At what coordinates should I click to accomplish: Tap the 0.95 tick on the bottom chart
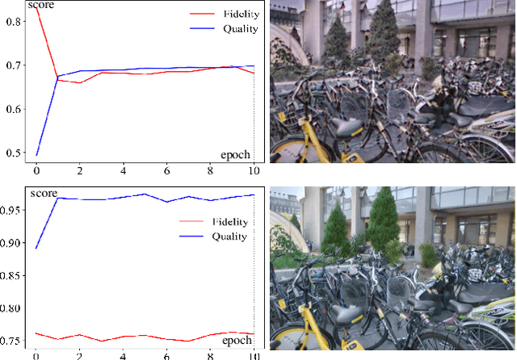pyautogui.click(x=14, y=209)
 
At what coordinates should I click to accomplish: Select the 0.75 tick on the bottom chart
pyautogui.click(x=14, y=341)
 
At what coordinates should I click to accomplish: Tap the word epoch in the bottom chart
pyautogui.click(x=237, y=340)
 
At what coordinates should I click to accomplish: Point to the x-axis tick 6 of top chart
pyautogui.click(x=166, y=171)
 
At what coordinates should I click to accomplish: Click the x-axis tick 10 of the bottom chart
pyautogui.click(x=254, y=355)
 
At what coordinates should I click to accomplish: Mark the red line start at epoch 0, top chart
pyautogui.click(x=36, y=7)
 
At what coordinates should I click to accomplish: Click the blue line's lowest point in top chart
pyautogui.click(x=36, y=154)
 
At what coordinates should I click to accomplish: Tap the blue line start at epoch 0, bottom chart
pyautogui.click(x=36, y=247)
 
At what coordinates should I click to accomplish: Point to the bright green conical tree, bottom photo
pyautogui.click(x=387, y=220)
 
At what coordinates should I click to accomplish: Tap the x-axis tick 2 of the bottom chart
pyautogui.click(x=79, y=355)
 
